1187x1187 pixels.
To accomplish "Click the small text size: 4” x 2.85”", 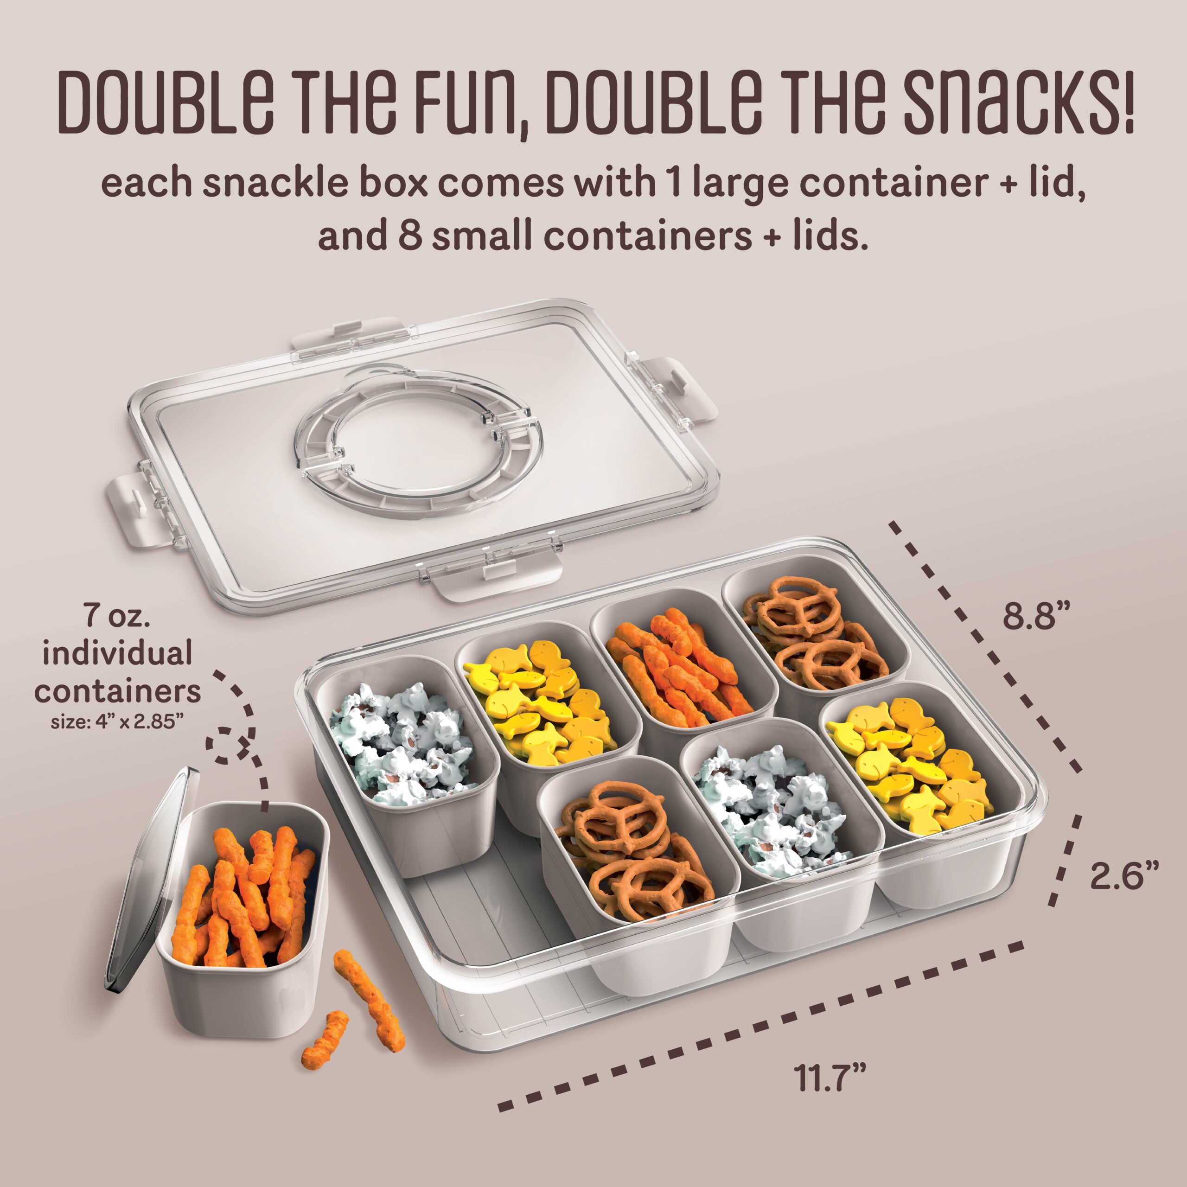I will pyautogui.click(x=117, y=722).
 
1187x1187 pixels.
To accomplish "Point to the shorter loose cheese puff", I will pyautogui.click(x=325, y=1040).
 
